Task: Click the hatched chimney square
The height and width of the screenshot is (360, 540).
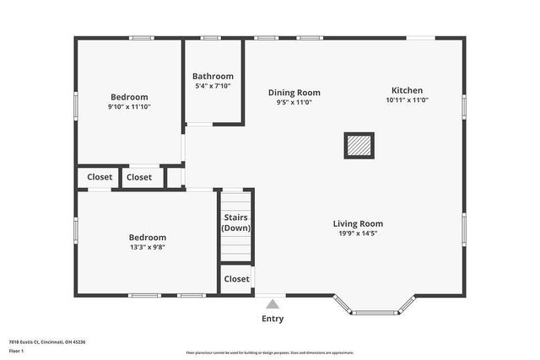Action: click(358, 146)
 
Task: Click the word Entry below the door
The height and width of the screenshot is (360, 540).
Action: click(273, 319)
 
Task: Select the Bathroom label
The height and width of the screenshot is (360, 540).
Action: click(213, 76)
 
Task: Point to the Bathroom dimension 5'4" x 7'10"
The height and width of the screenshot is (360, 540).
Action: click(213, 86)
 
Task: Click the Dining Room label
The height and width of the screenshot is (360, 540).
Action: click(294, 93)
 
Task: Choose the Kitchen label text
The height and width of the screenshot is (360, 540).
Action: click(407, 90)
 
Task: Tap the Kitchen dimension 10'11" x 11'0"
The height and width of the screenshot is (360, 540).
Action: click(407, 100)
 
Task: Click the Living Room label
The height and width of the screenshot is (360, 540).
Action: click(358, 223)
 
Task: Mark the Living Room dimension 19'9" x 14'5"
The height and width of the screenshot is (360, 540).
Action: click(358, 234)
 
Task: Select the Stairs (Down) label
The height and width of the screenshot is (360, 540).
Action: click(236, 223)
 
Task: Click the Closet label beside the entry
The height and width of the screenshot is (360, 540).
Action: click(236, 279)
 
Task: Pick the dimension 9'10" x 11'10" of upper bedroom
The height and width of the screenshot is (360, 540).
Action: click(129, 107)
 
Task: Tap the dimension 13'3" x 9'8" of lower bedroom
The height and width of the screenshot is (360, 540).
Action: click(147, 248)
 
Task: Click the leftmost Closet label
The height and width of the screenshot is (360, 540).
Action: click(100, 177)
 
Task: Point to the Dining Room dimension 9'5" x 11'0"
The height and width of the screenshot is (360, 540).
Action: click(294, 103)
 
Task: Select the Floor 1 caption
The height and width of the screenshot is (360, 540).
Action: click(16, 350)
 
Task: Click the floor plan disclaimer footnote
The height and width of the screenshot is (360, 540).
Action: click(270, 352)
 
